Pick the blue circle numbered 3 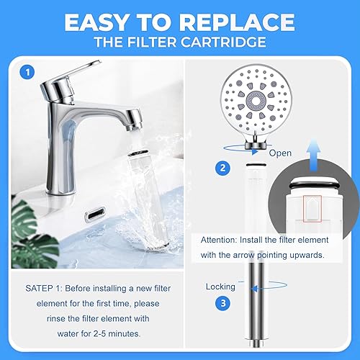click(x=225, y=303)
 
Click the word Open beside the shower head click(x=280, y=153)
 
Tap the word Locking click(x=220, y=286)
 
